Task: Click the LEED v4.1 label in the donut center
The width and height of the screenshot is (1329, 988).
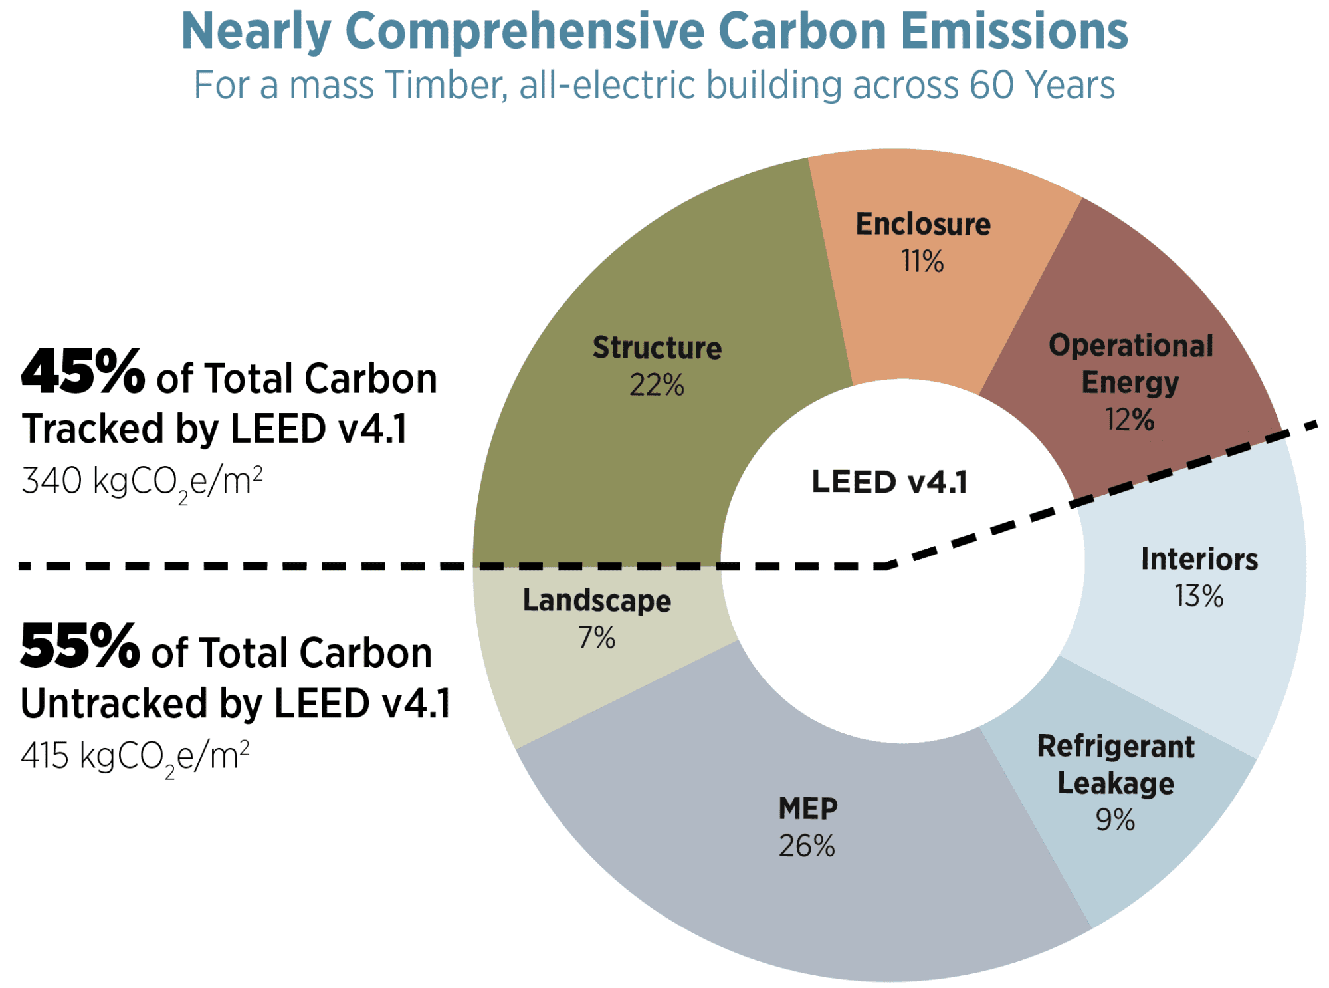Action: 889,482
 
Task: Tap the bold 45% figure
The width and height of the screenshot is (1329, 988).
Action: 83,372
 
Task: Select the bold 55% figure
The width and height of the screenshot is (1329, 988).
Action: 80,646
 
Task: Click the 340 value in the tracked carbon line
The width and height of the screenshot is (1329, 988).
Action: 52,481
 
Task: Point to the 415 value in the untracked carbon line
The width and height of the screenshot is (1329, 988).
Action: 45,756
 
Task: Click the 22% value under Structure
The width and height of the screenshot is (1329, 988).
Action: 657,385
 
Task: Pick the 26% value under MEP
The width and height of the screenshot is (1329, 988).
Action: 807,846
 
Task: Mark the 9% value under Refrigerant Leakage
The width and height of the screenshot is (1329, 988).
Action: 1115,820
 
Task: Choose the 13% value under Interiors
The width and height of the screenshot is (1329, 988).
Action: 1199,596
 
